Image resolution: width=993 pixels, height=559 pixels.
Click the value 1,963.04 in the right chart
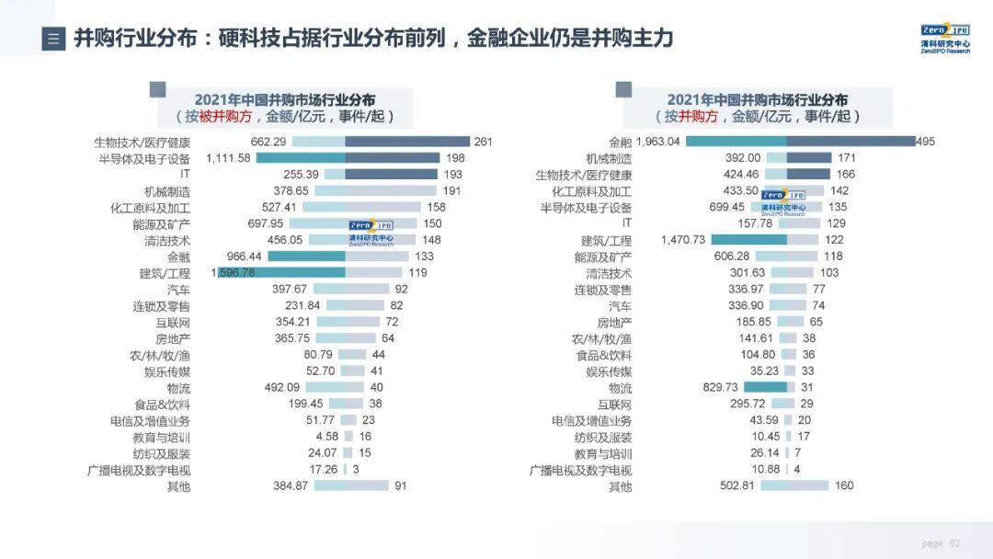click(658, 142)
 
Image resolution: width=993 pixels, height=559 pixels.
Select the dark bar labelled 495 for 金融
click(850, 142)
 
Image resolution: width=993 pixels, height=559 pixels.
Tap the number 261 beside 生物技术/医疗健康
click(484, 142)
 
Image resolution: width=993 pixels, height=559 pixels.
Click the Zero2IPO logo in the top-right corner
click(944, 37)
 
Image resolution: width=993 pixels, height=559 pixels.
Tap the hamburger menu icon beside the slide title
click(53, 39)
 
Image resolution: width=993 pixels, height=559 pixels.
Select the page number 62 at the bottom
click(954, 543)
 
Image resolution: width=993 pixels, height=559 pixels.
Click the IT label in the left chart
click(185, 174)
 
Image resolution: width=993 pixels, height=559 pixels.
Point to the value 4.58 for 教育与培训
click(327, 436)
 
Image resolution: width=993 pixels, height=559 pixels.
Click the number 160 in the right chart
click(844, 485)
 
